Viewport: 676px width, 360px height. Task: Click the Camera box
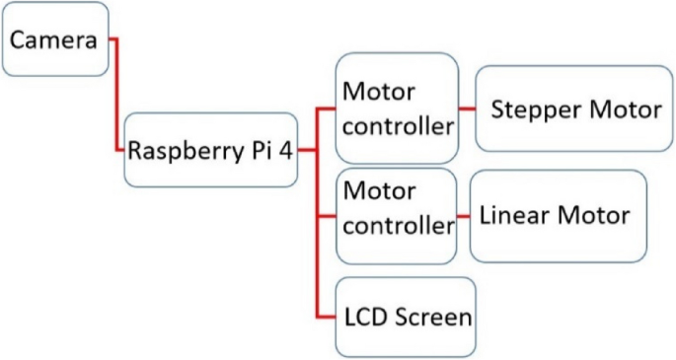(x=54, y=39)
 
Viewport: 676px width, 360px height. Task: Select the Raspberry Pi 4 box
(x=210, y=150)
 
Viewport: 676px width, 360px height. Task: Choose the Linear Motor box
(x=558, y=215)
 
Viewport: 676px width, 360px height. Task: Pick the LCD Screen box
(x=406, y=318)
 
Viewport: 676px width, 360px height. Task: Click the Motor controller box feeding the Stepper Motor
(x=397, y=108)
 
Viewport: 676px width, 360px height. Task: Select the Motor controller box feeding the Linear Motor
(x=397, y=215)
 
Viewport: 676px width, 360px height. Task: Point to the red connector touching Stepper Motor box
(x=467, y=109)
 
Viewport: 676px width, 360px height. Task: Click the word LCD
(x=364, y=319)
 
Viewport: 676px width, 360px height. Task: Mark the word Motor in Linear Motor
(x=591, y=215)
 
